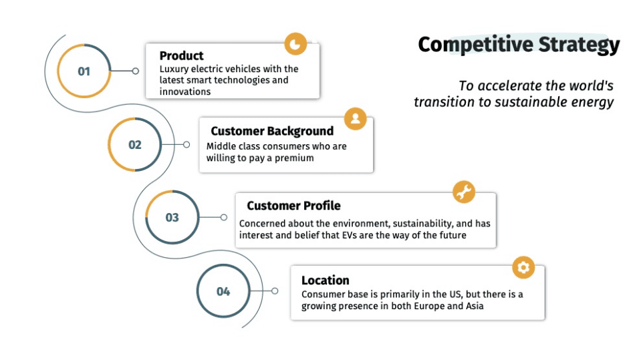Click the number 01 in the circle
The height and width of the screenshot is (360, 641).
click(x=84, y=71)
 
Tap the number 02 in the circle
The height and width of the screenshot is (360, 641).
click(x=135, y=144)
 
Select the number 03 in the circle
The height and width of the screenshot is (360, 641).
click(x=172, y=217)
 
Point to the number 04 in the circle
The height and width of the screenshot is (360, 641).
click(x=223, y=291)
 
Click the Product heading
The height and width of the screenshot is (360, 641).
click(x=181, y=55)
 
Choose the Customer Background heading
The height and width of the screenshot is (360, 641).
click(x=272, y=131)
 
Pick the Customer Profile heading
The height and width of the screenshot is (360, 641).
click(x=293, y=206)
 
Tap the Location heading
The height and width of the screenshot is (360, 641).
click(x=325, y=281)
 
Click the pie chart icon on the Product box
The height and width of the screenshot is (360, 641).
click(x=295, y=44)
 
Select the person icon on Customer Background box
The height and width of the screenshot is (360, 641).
click(x=355, y=119)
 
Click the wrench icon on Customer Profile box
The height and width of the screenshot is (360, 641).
click(x=463, y=192)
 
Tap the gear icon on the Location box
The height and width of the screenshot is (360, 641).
click(x=523, y=267)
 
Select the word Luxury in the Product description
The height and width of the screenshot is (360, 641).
click(x=174, y=69)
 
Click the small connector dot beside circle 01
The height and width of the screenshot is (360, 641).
click(x=136, y=71)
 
